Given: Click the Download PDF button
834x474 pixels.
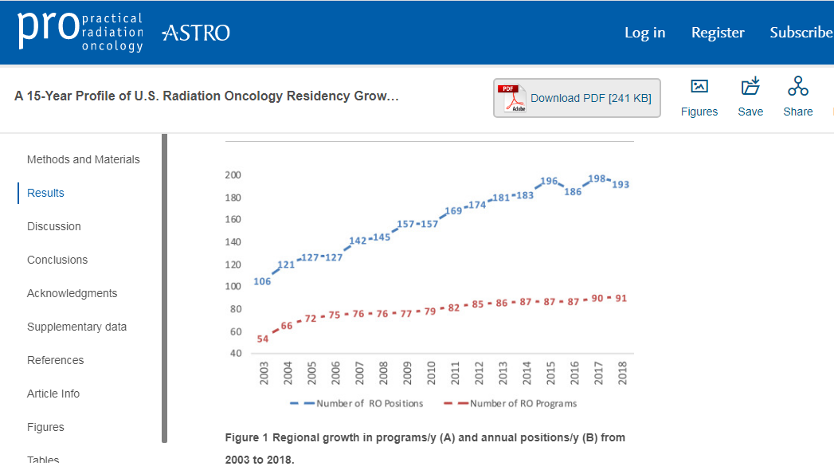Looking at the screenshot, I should (577, 98).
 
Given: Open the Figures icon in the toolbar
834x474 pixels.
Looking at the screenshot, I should (699, 97).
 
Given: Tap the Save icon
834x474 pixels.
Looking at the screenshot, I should (750, 97).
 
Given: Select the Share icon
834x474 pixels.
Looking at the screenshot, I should (797, 97).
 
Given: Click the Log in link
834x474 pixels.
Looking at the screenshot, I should (644, 33).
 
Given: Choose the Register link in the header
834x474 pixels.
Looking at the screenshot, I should (718, 33).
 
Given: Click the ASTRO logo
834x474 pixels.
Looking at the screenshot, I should (196, 33).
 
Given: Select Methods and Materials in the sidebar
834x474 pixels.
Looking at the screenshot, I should (83, 159).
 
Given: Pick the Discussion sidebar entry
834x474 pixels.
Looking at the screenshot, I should (54, 226).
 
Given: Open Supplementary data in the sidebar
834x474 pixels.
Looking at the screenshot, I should (76, 327).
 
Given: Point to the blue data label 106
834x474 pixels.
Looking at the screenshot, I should (262, 281).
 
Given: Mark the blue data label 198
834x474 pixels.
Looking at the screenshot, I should (597, 178).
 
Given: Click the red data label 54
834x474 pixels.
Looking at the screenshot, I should (263, 339).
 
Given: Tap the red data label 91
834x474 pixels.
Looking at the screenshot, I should (621, 298).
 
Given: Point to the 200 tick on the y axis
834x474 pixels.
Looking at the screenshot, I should (233, 174).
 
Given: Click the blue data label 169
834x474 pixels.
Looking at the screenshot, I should (453, 211).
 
